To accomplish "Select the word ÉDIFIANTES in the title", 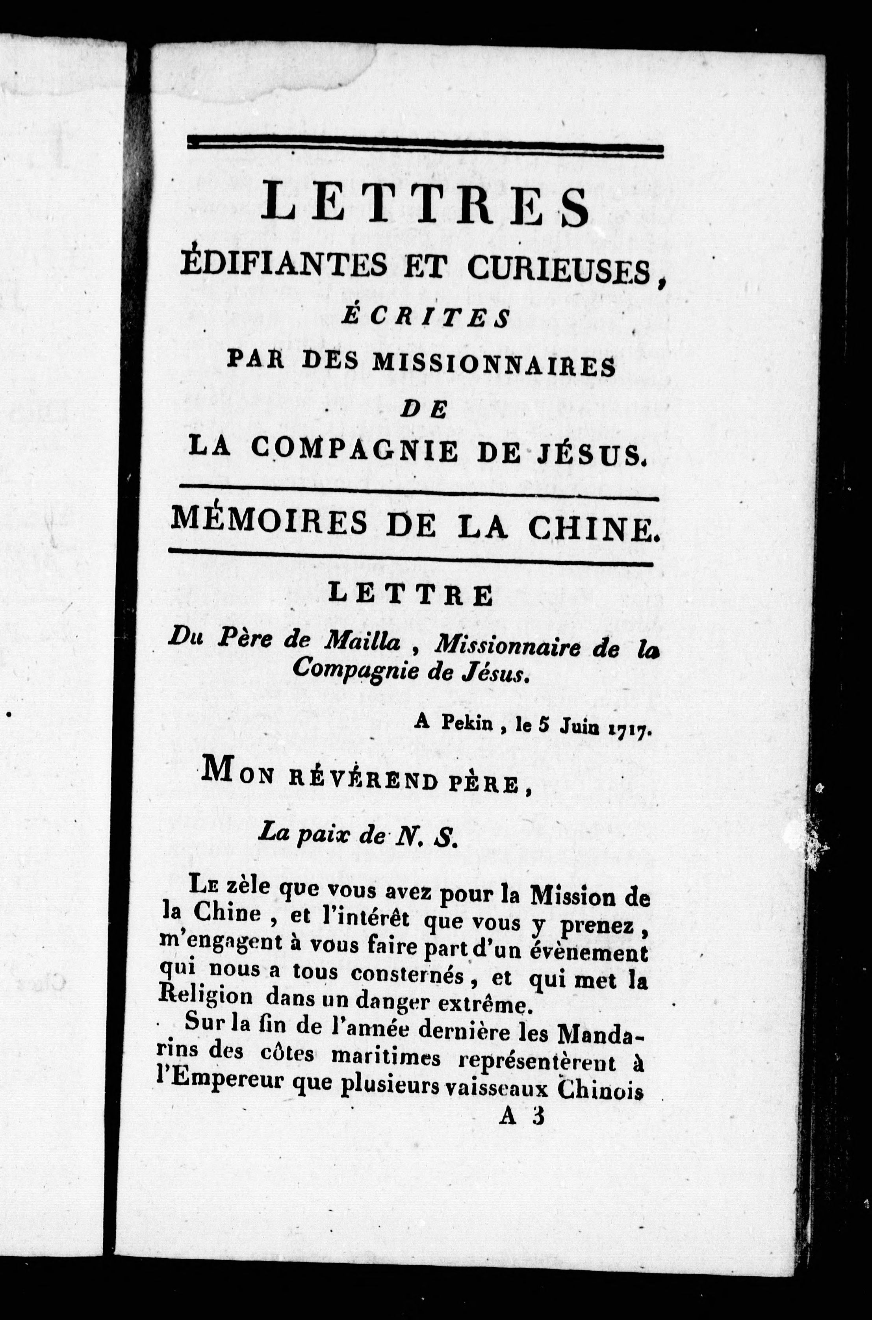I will click(x=284, y=266).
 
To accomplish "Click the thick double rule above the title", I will click(x=425, y=146).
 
